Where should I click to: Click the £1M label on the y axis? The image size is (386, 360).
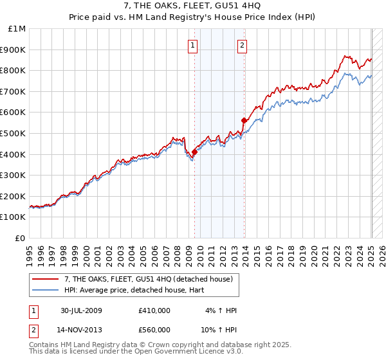(17, 29)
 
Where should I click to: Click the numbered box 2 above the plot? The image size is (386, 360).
(242, 45)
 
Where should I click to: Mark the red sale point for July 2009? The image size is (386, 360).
(194, 152)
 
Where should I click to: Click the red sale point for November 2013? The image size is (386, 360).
(244, 120)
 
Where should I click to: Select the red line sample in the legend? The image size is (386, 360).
(46, 278)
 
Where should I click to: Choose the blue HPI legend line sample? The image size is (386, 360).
(46, 290)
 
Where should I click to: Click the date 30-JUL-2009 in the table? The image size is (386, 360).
(81, 310)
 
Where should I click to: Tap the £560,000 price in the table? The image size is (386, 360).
(154, 330)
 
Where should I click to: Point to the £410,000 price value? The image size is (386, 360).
(154, 310)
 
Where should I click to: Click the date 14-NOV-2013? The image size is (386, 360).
(82, 330)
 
